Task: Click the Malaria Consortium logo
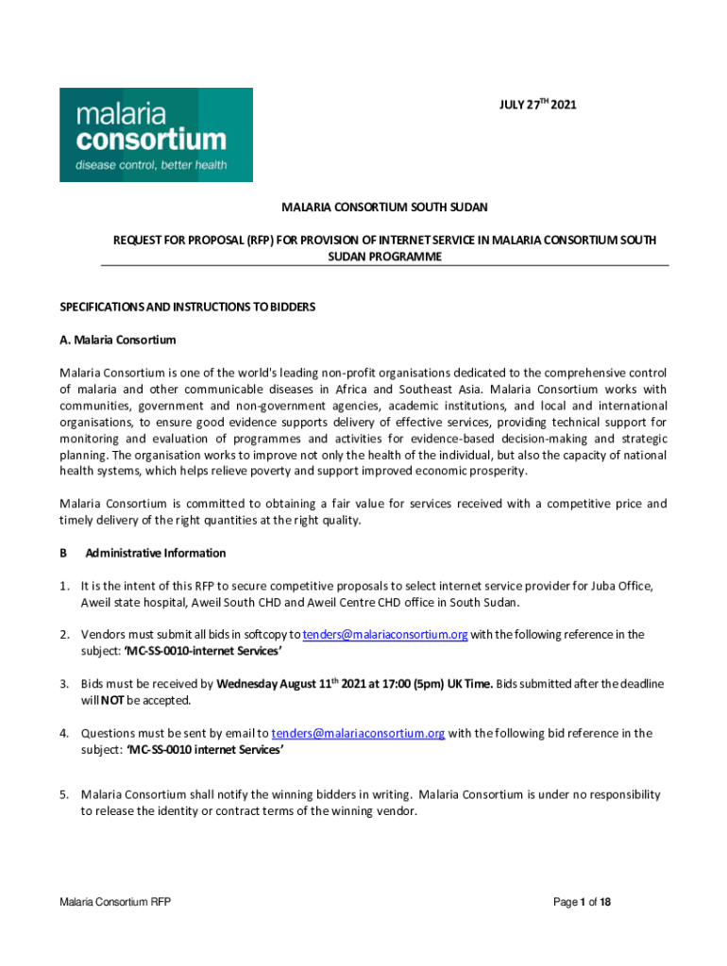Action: point(156,134)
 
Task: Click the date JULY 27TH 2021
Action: point(537,105)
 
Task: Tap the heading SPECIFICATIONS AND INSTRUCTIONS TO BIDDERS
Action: point(187,308)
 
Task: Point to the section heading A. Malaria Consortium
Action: point(117,340)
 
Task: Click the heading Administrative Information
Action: point(156,553)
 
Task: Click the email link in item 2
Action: point(384,634)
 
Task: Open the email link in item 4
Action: point(358,732)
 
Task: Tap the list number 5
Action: point(64,794)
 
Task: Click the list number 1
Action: point(64,585)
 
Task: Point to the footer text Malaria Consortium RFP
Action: point(115,902)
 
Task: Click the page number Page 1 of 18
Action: point(582,902)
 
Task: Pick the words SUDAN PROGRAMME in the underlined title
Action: point(384,257)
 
